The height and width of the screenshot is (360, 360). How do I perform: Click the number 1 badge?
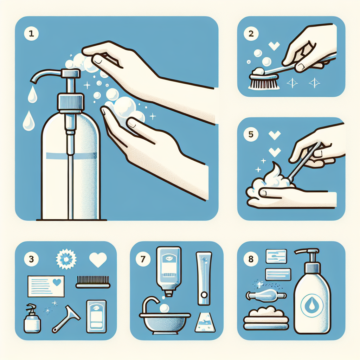(31, 33)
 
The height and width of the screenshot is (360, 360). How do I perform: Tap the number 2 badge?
(251, 33)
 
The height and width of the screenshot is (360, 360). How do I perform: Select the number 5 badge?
(251, 134)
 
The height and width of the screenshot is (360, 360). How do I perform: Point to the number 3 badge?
(31, 259)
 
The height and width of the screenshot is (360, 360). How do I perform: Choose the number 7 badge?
(143, 259)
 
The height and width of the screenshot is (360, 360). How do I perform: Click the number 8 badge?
(251, 259)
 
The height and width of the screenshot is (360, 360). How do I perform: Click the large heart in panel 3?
(98, 259)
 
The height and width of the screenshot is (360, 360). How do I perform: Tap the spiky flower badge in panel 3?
(66, 259)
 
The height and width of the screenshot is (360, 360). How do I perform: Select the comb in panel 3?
(93, 282)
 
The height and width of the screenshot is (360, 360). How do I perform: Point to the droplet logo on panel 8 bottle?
(312, 306)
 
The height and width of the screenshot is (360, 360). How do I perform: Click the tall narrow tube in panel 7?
(204, 278)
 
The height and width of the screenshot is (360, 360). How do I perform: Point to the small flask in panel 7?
(205, 322)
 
